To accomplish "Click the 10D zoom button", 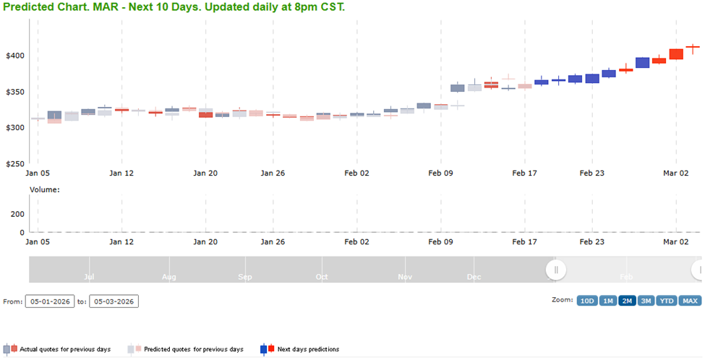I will coord(586,301).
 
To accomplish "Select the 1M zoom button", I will coord(607,301).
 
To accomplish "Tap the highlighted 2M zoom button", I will coord(627,301).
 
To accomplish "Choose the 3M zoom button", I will coord(646,301).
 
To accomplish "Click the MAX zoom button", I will coord(690,301).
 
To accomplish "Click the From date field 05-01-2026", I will coord(50,301).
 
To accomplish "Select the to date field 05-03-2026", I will coord(114,301).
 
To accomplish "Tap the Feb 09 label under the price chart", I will coord(440,173).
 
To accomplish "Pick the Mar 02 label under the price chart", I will coord(676,173).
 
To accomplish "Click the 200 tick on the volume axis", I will coord(17,215).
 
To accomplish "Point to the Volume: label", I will coord(44,190).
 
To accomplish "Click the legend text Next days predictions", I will coord(308,350).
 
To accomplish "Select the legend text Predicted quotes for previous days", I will coord(194,350).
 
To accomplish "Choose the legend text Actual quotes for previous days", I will coord(65,350).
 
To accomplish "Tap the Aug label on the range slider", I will coord(169,276).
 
